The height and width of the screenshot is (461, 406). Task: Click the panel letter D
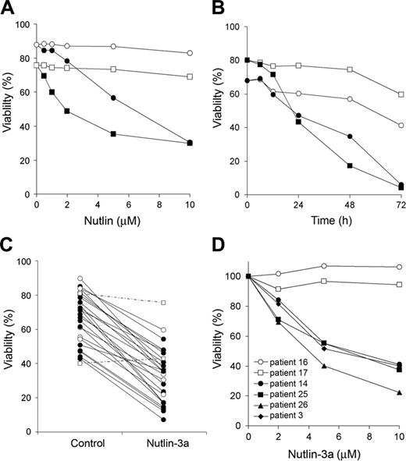coord(216,245)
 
